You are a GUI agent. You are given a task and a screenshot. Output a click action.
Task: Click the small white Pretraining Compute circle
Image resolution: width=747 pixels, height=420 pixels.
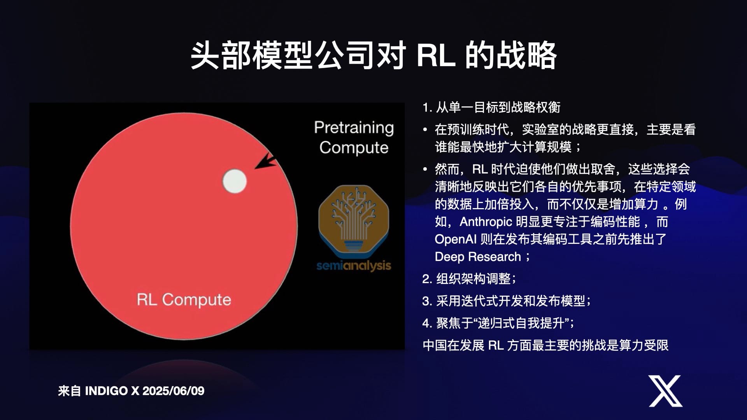[x=235, y=181]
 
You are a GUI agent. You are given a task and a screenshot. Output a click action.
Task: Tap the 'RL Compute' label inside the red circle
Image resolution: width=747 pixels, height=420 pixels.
[x=184, y=300]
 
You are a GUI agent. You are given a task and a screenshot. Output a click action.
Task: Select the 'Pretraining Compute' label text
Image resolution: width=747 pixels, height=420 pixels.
[x=354, y=138]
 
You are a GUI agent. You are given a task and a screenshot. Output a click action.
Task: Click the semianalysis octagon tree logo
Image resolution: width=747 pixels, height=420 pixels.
[x=354, y=220]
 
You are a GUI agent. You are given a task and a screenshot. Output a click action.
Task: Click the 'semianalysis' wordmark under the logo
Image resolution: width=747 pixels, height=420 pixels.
[x=354, y=266]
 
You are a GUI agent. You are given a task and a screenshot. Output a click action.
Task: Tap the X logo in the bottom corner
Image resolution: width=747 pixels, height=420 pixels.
[x=665, y=391]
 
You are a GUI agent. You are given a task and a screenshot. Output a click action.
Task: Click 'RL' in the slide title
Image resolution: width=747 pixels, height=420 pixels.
[x=436, y=55]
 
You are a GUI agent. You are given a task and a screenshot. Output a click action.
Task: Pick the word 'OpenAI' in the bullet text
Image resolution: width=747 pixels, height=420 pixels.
[x=456, y=239]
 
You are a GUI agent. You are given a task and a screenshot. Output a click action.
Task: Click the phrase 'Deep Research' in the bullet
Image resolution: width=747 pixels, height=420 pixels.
[x=478, y=257]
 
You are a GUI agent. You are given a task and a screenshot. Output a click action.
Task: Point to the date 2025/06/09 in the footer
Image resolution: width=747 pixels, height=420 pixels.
[x=173, y=391]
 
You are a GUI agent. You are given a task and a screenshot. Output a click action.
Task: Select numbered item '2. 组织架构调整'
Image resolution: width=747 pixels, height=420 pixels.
[x=469, y=278]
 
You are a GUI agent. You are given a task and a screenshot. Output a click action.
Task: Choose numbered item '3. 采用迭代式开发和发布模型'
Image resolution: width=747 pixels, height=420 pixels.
[x=507, y=301]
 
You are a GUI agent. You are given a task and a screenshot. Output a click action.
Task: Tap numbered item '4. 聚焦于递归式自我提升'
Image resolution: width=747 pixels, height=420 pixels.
[x=498, y=323]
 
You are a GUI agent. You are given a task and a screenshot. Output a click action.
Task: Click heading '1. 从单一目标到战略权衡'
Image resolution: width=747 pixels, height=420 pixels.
[x=491, y=107]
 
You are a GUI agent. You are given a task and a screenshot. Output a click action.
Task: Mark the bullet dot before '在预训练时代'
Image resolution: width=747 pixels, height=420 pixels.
[x=425, y=129]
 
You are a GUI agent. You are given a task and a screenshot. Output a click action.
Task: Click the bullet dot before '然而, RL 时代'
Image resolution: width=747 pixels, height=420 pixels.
[x=425, y=170]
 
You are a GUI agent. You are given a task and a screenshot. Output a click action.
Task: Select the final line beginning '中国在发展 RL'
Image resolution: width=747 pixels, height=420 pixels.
[x=545, y=345]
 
